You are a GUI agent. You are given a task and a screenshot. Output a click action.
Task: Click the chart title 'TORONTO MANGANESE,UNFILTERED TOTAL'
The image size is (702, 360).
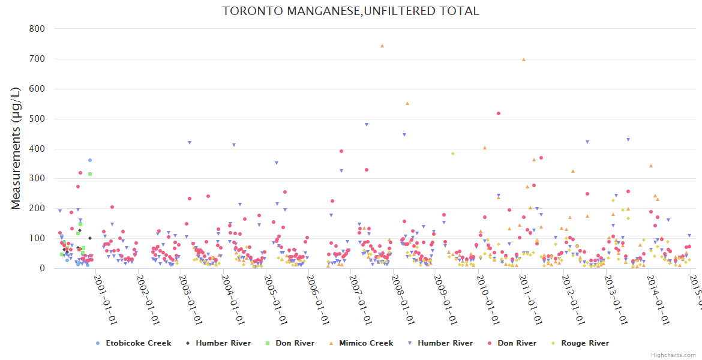click(x=350, y=11)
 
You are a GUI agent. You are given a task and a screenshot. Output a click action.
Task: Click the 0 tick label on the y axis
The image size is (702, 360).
click(x=41, y=269)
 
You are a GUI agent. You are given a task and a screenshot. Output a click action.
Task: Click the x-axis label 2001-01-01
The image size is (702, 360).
click(x=105, y=291)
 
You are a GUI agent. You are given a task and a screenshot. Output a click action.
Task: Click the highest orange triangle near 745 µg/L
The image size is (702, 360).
click(x=382, y=46)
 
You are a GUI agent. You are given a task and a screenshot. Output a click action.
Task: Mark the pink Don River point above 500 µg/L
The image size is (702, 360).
click(x=499, y=113)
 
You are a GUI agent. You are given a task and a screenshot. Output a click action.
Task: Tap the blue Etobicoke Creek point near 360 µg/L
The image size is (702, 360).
click(x=90, y=160)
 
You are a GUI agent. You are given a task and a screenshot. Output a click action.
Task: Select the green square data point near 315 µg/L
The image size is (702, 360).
click(x=90, y=174)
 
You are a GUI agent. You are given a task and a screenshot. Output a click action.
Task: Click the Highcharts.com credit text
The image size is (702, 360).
click(x=673, y=355)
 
